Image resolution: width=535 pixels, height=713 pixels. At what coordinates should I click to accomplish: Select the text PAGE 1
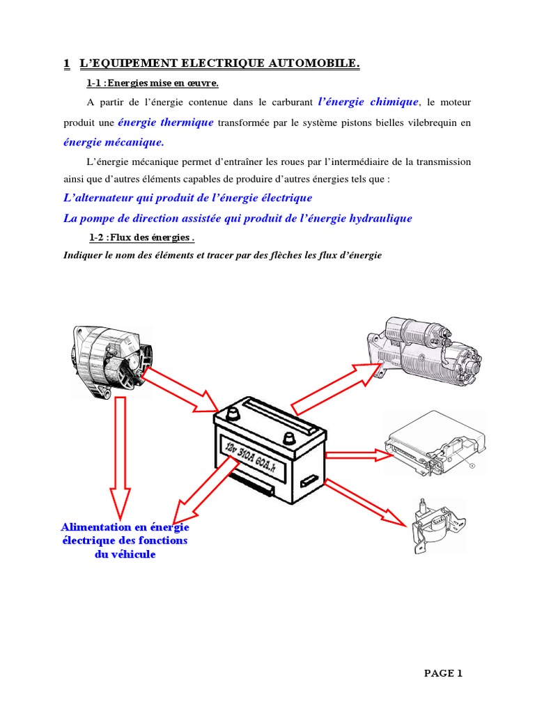coord(443,673)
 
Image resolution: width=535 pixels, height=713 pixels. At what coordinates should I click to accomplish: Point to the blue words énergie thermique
coord(166,123)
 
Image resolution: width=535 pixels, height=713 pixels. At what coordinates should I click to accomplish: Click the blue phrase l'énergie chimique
coord(368,102)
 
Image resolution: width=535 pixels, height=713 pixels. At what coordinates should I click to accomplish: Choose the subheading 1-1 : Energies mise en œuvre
coord(152,84)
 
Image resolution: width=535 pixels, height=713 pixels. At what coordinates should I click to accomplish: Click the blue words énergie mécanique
coord(113,143)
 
